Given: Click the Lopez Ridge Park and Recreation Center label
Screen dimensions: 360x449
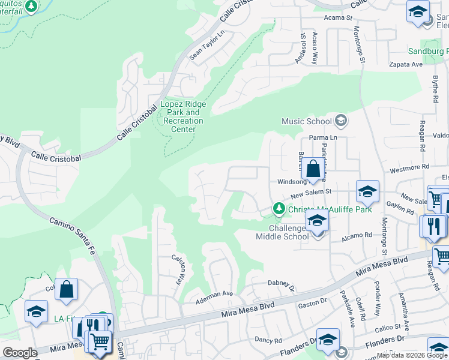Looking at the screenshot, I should pyautogui.click(x=184, y=116).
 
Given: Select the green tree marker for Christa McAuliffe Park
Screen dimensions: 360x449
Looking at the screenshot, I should pyautogui.click(x=279, y=209).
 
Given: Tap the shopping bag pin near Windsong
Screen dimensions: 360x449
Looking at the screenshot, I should pyautogui.click(x=313, y=169).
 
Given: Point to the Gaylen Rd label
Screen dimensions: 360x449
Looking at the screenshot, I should pyautogui.click(x=401, y=209).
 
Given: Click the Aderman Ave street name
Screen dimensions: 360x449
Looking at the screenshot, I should pyautogui.click(x=215, y=293).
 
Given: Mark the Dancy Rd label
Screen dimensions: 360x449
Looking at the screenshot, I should pyautogui.click(x=268, y=339).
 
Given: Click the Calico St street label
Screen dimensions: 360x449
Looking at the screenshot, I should pyautogui.click(x=389, y=327).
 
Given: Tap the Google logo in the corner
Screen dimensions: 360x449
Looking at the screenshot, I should pyautogui.click(x=20, y=353).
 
